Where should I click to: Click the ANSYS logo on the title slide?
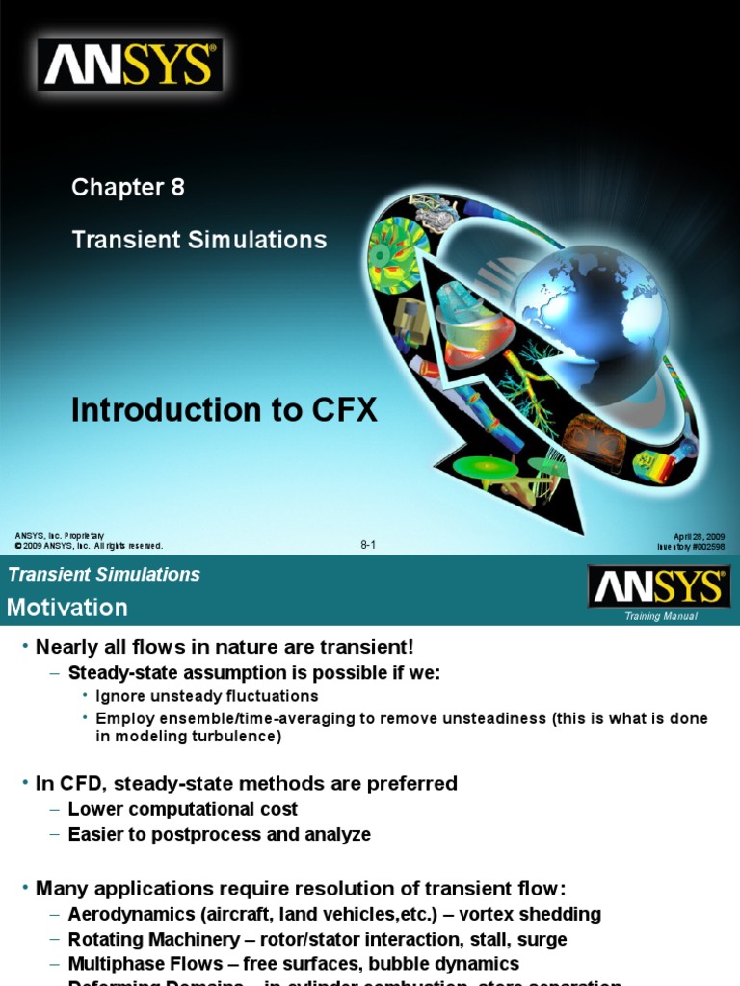[x=130, y=65]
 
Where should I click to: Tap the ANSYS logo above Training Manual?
[x=659, y=586]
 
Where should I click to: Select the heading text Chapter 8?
[x=127, y=188]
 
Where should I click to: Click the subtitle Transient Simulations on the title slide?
[x=199, y=239]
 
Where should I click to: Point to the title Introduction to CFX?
[x=224, y=410]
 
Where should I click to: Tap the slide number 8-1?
[x=368, y=545]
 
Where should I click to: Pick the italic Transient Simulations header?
[x=104, y=575]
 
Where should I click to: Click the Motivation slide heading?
[x=67, y=608]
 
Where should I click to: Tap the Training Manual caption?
[x=660, y=616]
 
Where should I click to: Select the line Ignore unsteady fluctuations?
[x=207, y=695]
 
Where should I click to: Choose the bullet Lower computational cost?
[x=183, y=810]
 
